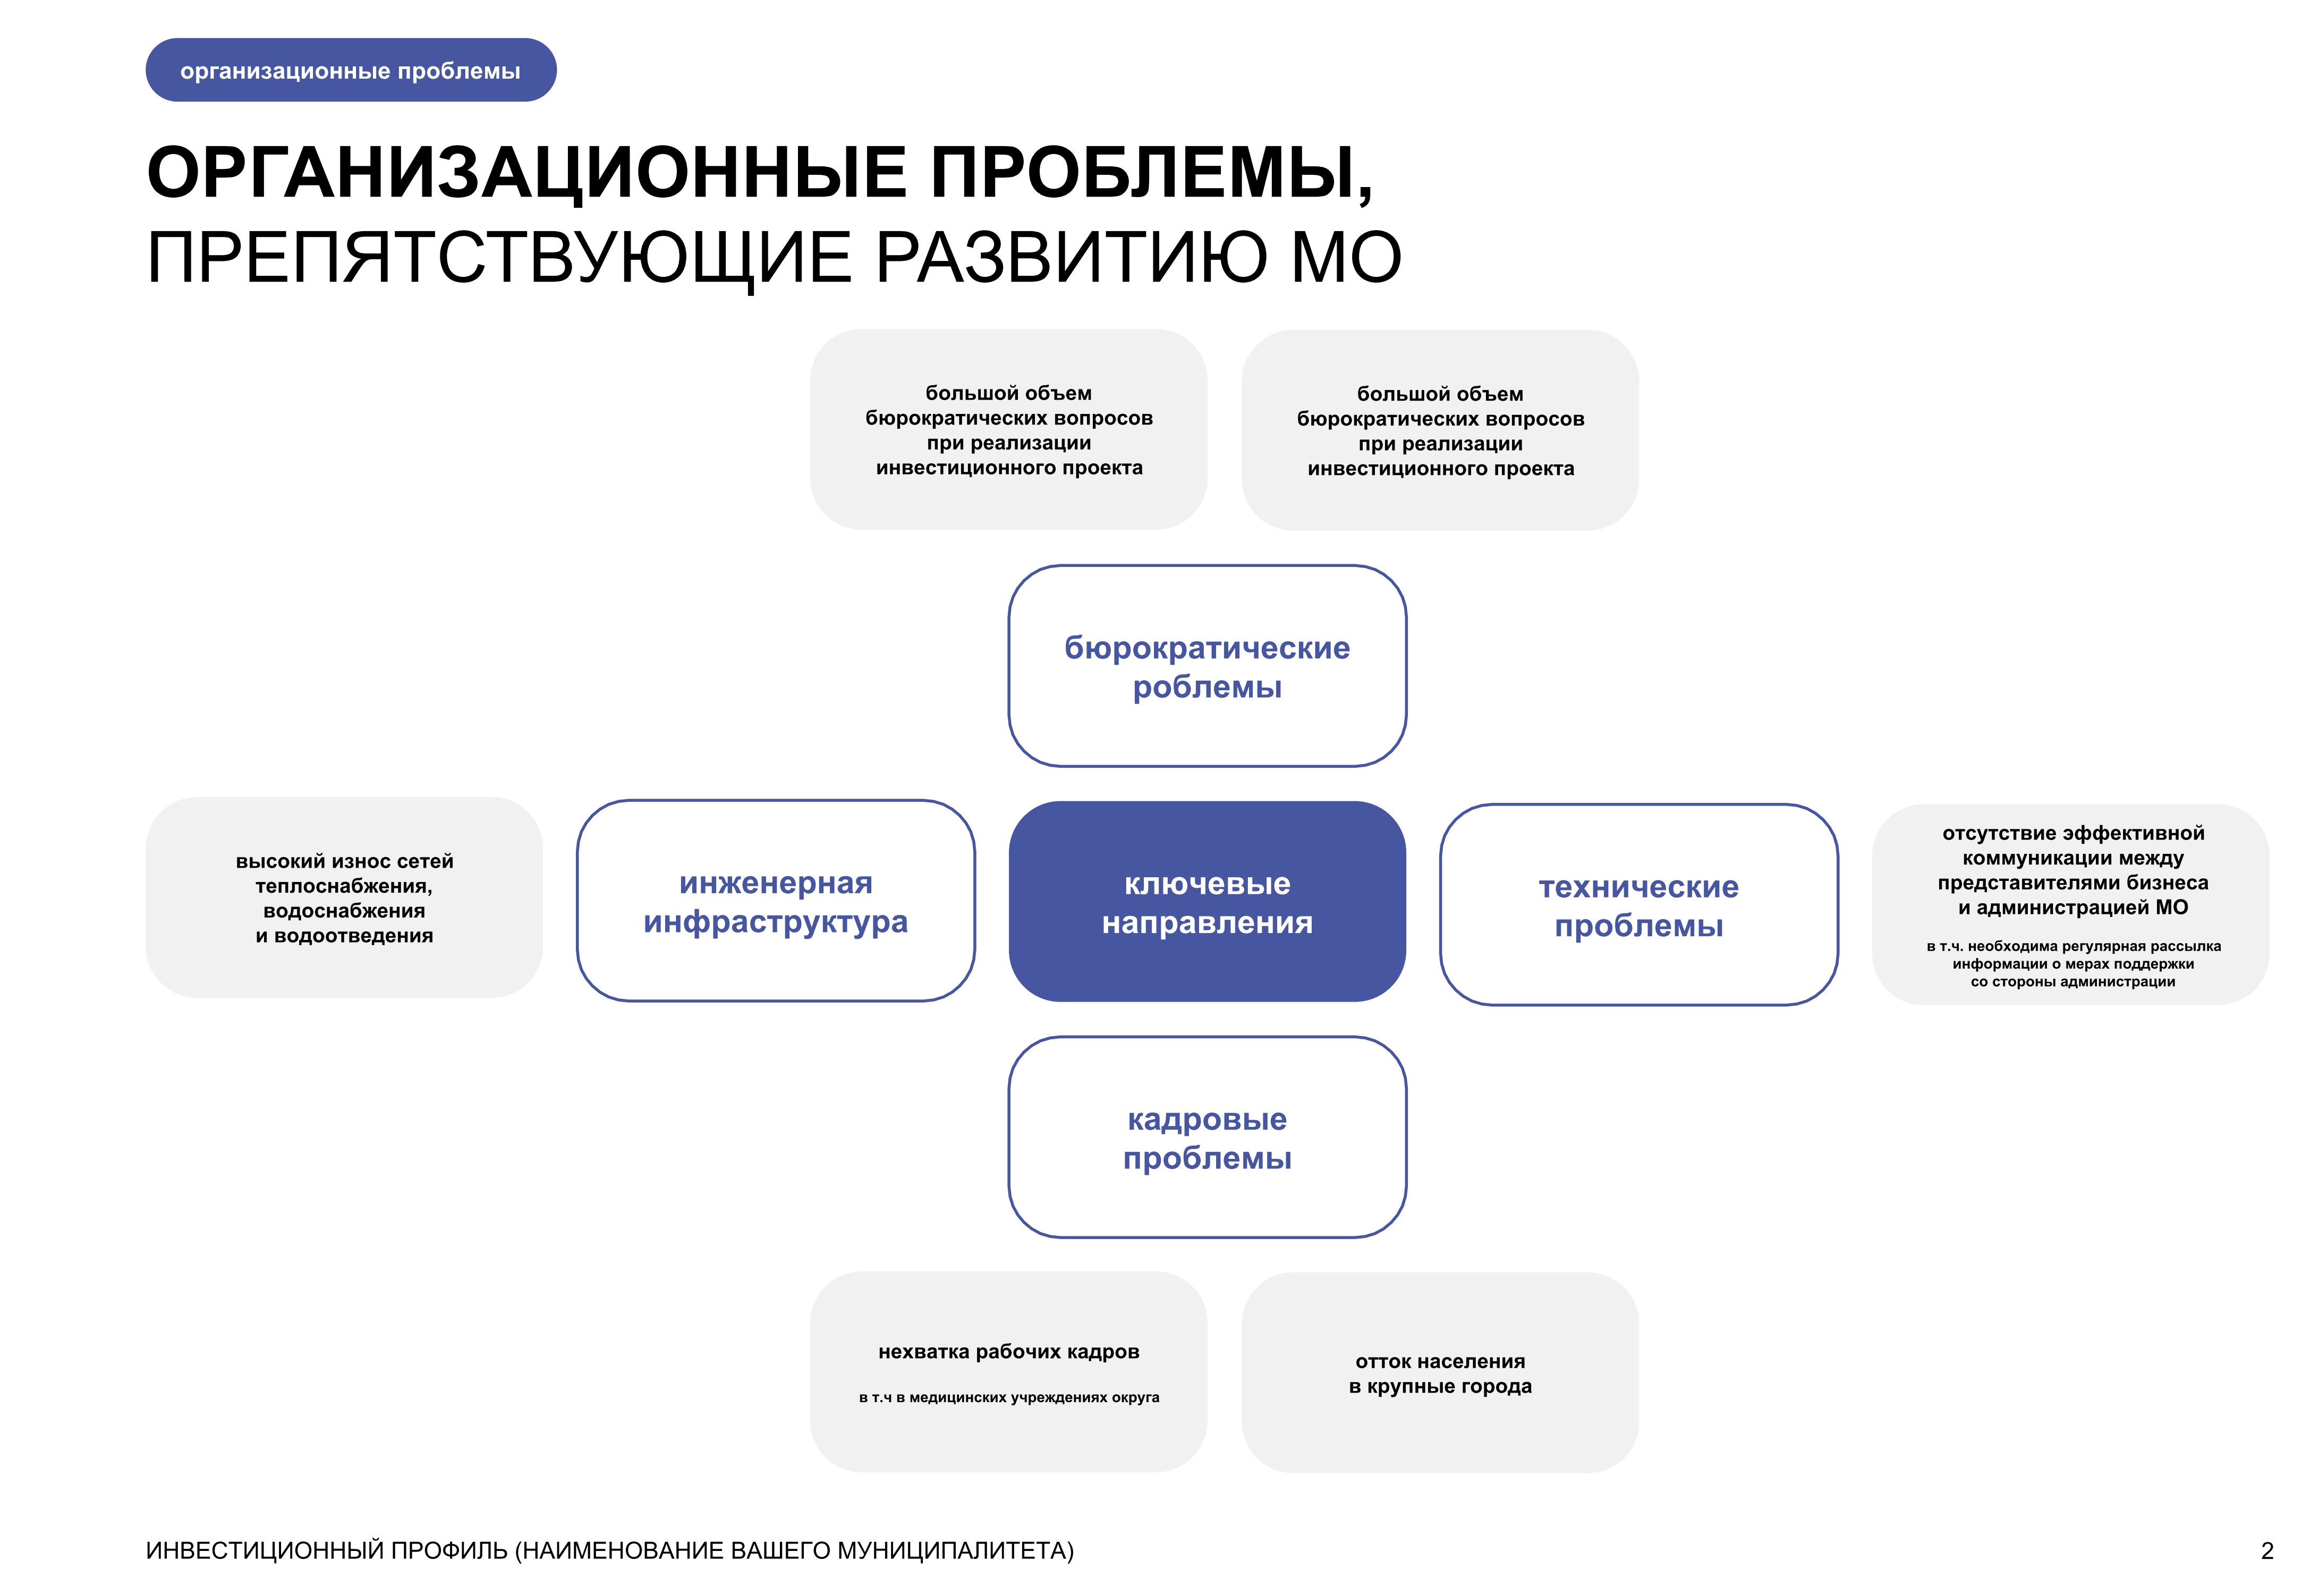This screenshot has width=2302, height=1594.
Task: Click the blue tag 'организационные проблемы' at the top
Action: tap(351, 70)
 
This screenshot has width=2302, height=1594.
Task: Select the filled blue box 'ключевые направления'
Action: tap(1208, 902)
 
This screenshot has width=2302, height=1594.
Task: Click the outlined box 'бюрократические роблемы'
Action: tap(1208, 666)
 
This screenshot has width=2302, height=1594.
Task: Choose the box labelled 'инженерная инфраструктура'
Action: tap(776, 901)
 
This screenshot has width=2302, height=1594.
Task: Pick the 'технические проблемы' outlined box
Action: tap(1639, 905)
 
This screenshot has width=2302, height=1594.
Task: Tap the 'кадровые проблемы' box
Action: tap(1208, 1138)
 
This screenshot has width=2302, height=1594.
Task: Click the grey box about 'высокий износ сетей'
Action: tap(345, 897)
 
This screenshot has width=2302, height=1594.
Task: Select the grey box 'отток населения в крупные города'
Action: tap(1440, 1372)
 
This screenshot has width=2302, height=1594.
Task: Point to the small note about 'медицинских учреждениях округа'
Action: tap(1009, 1397)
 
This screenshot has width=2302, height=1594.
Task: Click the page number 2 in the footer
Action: tap(2267, 1551)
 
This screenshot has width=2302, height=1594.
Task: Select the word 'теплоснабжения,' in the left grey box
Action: tap(345, 886)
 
